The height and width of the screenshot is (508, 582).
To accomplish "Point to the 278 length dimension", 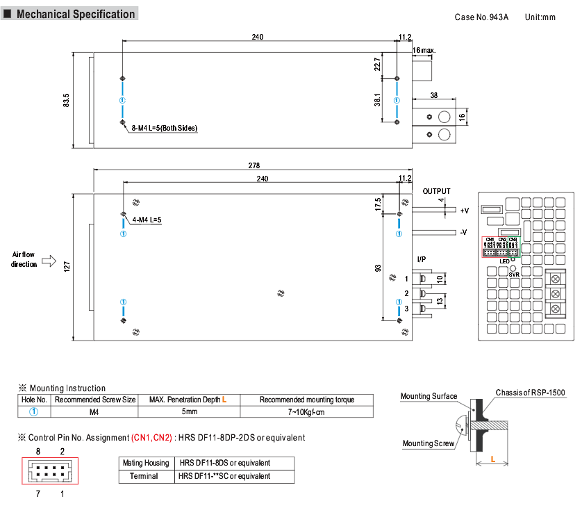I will pyautogui.click(x=253, y=165).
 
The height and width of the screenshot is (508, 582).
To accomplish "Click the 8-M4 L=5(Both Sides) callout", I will pyautogui.click(x=165, y=128).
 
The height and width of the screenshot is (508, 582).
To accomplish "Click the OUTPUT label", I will pyautogui.click(x=436, y=191).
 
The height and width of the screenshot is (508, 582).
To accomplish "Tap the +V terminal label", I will pyautogui.click(x=464, y=210).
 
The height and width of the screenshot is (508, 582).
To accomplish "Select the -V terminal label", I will pyautogui.click(x=464, y=232).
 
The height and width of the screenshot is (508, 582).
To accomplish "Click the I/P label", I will pyautogui.click(x=421, y=259).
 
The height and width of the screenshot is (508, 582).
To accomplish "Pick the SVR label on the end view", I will pyautogui.click(x=514, y=275).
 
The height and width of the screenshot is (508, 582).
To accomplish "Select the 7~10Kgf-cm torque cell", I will pyautogui.click(x=307, y=412).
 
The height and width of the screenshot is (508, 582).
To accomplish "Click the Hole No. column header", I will pyautogui.click(x=33, y=400).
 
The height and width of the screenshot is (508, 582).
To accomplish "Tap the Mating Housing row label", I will pyautogui.click(x=146, y=463).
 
